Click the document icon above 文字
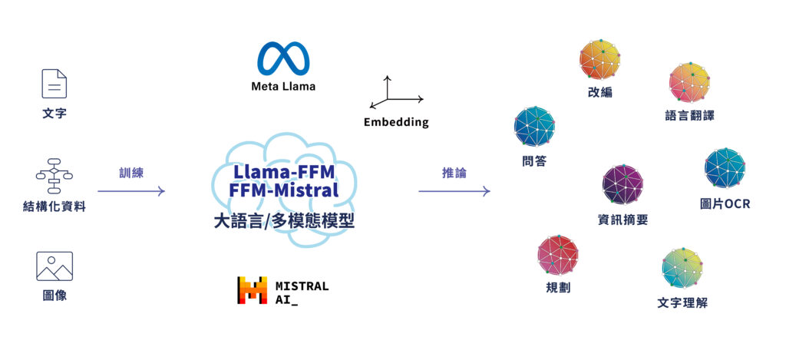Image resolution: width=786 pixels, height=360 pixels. coord(54,84)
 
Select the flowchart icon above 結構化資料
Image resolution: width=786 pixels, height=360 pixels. coord(54,176)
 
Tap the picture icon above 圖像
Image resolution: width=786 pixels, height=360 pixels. coord(54,266)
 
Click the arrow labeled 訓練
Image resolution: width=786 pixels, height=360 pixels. coord(130,191)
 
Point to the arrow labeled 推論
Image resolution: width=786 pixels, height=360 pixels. coord(454,191)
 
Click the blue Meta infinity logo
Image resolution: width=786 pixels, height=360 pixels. coord(283,58)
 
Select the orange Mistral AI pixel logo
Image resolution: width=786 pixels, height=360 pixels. coord(252,290)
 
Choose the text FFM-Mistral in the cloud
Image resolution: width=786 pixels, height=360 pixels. coord(283,190)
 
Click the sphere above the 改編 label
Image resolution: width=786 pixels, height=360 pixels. coord(599,60)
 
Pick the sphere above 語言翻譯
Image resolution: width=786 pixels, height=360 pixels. coord(689,83)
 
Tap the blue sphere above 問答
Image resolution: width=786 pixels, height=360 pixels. coord(534,127)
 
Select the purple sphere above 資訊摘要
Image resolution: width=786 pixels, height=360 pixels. coord(623,184)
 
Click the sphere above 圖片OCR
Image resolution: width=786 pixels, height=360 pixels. coord(725,168)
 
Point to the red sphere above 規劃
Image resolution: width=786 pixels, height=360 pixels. coord(558,255)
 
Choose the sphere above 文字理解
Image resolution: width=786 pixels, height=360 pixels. coord(682,268)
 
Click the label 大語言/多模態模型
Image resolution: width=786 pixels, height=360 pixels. coord(284,220)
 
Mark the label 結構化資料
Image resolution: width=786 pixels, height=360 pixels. coord(54,206)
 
